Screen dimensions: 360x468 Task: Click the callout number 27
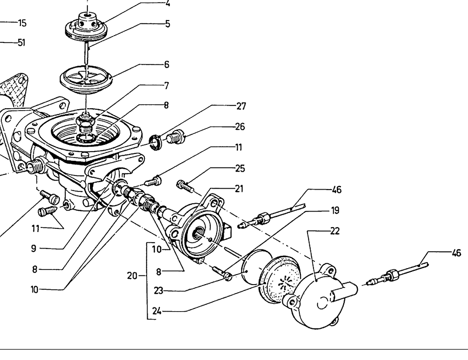click(x=241, y=106)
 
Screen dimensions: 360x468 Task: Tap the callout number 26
click(x=239, y=127)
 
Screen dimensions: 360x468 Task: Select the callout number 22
click(x=335, y=231)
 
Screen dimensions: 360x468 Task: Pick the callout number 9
click(x=34, y=249)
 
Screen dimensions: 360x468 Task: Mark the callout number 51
click(x=21, y=42)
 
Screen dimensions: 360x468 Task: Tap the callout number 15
click(x=22, y=22)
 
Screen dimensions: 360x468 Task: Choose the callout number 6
click(x=166, y=64)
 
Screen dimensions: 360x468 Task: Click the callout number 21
click(x=239, y=189)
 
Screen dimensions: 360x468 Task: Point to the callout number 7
click(x=166, y=85)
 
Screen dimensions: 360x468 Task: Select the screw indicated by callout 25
click(x=184, y=186)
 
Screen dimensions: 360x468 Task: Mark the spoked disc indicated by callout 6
click(x=85, y=78)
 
